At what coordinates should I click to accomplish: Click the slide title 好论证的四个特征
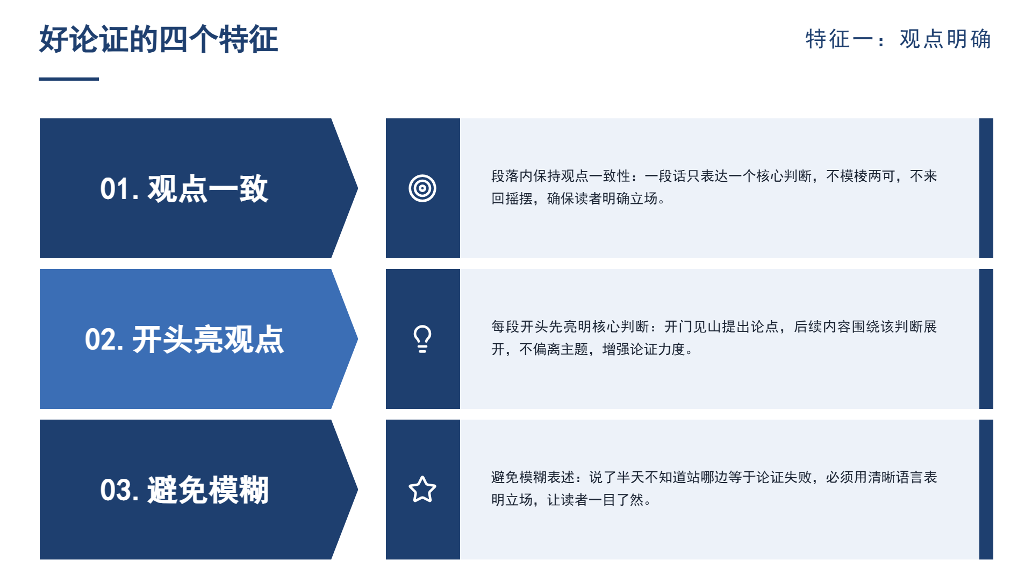[x=159, y=39]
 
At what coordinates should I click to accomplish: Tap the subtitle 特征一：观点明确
[x=898, y=39]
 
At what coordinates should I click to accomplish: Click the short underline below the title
[x=69, y=79]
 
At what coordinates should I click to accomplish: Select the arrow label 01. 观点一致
[x=184, y=189]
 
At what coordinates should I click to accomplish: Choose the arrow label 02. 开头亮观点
[x=184, y=339]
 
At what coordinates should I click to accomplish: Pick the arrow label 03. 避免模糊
[x=184, y=490]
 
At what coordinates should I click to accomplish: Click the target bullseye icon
[x=422, y=188]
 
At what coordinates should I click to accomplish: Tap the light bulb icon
[x=422, y=339]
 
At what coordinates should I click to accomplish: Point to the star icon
[x=422, y=490]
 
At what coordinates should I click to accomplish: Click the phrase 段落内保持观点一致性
[x=561, y=176]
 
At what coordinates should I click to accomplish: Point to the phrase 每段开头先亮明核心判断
[x=570, y=327]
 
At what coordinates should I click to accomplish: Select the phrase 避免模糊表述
[x=533, y=477]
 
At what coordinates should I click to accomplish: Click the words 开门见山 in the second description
[x=692, y=327]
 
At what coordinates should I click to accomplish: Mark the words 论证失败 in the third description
[x=784, y=477]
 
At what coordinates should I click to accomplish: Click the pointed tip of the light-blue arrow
[x=357, y=339]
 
